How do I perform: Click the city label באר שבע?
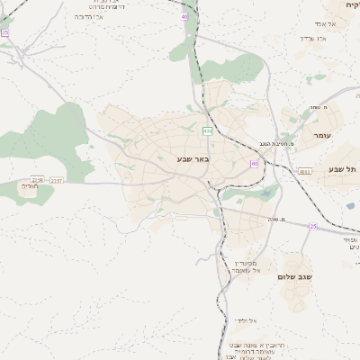click(193, 158)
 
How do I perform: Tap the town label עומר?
click(321, 135)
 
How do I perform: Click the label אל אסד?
click(326, 23)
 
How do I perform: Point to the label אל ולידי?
click(246, 319)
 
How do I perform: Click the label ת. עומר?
click(318, 109)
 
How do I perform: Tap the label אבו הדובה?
click(88, 16)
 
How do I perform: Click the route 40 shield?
click(184, 16)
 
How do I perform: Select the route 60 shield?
click(255, 164)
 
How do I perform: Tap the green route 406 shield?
click(208, 131)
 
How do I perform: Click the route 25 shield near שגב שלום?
click(313, 226)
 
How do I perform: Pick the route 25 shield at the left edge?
click(4, 32)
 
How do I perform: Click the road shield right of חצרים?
click(57, 181)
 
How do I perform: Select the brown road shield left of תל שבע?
click(304, 171)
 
